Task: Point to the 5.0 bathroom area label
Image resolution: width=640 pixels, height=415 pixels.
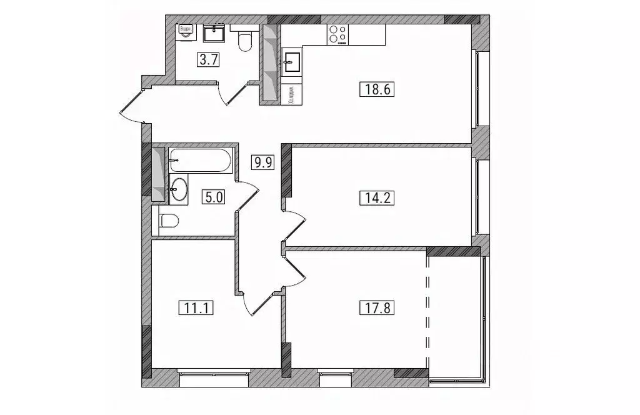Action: (x=212, y=197)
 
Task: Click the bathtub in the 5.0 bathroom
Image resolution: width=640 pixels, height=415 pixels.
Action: (x=200, y=161)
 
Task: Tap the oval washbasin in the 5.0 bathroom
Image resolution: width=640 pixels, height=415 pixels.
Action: (x=178, y=189)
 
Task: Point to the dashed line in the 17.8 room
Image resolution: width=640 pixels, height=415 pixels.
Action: (x=429, y=312)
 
